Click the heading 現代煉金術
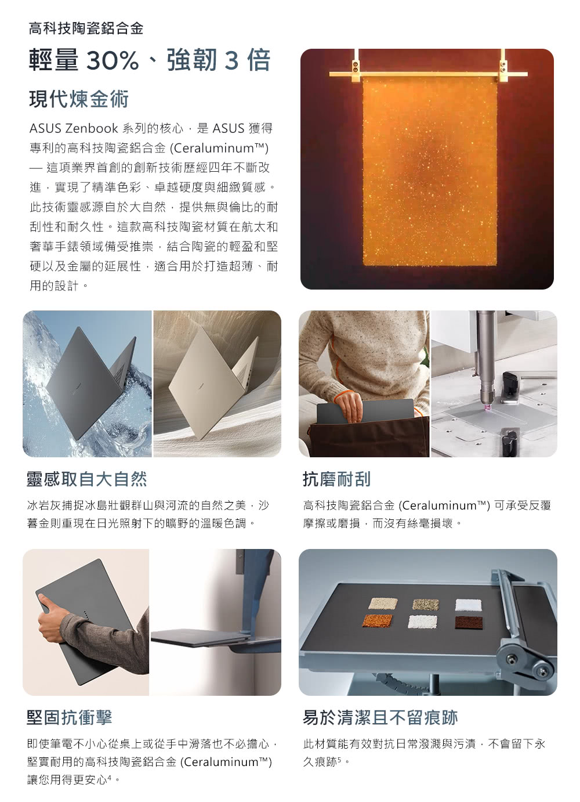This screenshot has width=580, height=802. [79, 99]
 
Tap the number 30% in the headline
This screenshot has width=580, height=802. [112, 60]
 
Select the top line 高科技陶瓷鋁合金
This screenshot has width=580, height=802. [86, 28]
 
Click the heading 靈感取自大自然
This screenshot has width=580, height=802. [87, 479]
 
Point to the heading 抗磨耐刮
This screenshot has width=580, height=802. [337, 479]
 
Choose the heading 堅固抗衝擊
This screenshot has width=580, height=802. [70, 717]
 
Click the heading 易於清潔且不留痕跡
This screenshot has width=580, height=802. [380, 717]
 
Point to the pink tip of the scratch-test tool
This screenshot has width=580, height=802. [487, 408]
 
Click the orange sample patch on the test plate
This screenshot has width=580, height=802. [378, 621]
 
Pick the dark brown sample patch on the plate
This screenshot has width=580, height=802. [469, 623]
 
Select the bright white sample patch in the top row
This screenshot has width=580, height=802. [469, 605]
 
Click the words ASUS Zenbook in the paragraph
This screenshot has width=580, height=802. [74, 128]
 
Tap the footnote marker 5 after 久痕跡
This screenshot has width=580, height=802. [339, 758]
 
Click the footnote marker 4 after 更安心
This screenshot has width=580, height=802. [110, 776]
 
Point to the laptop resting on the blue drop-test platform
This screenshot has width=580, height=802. [200, 637]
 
